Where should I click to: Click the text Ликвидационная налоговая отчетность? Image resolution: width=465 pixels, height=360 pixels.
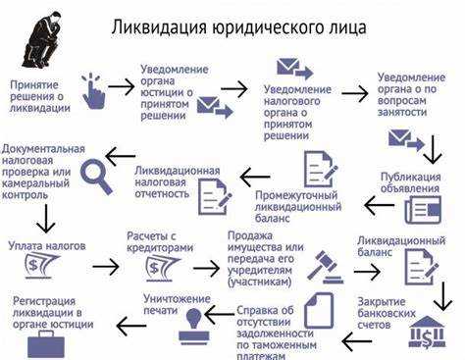click(x=177, y=182)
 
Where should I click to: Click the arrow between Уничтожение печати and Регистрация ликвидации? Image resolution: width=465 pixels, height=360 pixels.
click(x=129, y=325)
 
